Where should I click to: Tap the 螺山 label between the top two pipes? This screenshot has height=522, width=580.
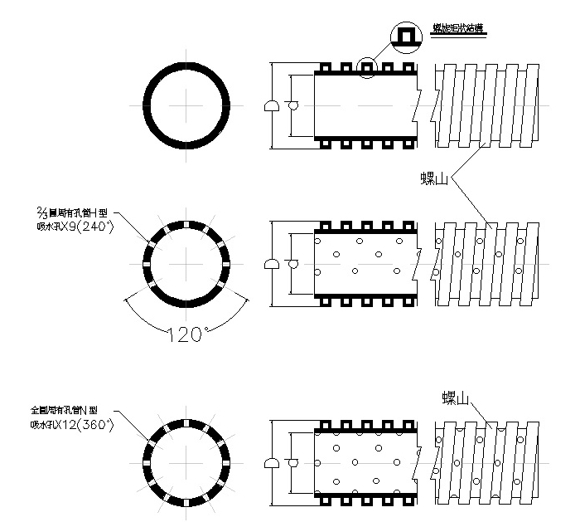coord(434,178)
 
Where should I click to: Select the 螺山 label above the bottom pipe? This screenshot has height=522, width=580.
coord(457,399)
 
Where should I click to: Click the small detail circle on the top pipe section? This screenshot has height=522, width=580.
coord(367,66)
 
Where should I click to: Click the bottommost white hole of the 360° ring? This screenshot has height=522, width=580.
coord(188,503)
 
